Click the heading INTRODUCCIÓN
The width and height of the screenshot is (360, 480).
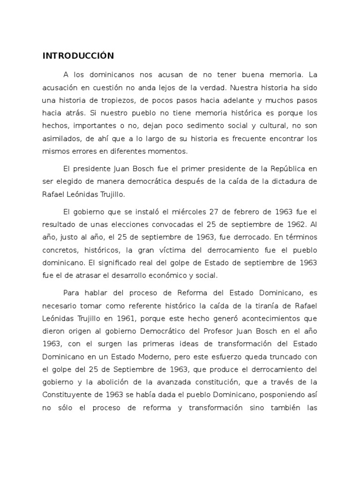[x=78, y=56]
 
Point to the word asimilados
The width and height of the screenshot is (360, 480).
[x=60, y=139]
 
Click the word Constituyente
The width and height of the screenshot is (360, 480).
[x=69, y=395]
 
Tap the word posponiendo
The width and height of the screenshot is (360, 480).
[x=278, y=395]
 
